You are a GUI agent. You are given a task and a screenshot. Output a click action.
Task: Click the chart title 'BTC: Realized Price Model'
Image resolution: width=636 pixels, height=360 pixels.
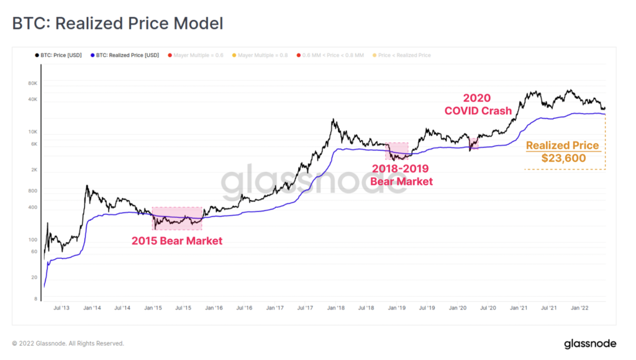click(x=117, y=24)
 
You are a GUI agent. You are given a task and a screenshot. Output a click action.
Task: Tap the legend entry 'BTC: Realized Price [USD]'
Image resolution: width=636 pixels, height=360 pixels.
click(x=124, y=55)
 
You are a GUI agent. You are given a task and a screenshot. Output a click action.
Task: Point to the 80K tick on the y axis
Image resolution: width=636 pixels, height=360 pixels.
click(x=33, y=83)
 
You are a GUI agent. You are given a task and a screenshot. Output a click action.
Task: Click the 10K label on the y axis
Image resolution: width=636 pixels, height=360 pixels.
click(x=33, y=132)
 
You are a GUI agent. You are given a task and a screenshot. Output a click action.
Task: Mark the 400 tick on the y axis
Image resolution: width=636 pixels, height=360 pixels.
click(x=33, y=207)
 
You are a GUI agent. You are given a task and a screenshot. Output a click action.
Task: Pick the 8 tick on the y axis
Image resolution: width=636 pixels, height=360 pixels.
click(x=35, y=299)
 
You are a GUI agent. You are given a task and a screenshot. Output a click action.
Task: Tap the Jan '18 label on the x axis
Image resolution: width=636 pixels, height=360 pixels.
click(x=337, y=307)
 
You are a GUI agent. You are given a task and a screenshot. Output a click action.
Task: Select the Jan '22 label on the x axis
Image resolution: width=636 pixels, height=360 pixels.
click(x=580, y=307)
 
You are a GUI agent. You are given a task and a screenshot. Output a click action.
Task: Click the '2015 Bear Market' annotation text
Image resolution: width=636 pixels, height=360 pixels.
click(x=176, y=241)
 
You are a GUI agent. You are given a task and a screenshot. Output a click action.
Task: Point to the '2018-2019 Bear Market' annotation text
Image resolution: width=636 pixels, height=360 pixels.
click(x=401, y=174)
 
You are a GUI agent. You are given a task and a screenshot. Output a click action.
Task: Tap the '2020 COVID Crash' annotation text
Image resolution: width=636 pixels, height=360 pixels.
click(x=477, y=104)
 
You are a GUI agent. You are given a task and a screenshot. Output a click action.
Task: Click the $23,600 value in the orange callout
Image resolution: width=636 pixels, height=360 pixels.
click(x=563, y=158)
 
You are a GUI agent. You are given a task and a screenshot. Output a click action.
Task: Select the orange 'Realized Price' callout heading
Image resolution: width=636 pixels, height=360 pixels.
click(x=562, y=146)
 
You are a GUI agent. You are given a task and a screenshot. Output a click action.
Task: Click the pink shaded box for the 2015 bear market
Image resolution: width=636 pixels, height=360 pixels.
click(x=177, y=218)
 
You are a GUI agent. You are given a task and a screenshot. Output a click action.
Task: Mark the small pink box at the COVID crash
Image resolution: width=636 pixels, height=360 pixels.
click(x=474, y=143)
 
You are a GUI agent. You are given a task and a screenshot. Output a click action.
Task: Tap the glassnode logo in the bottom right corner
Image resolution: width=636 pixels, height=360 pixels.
click(x=589, y=343)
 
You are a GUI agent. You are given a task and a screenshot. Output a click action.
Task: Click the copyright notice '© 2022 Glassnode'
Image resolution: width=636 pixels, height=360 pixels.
click(x=68, y=343)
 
